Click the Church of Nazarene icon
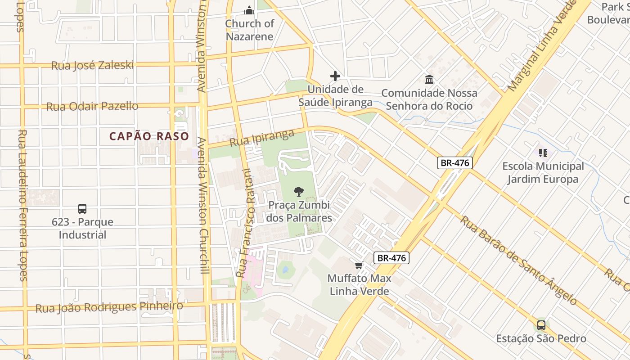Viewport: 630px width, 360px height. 249,10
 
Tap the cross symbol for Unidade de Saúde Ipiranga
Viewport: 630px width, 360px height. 335,76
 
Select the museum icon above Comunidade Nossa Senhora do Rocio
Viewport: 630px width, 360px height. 429,80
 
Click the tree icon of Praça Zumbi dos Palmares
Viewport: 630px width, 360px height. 298,192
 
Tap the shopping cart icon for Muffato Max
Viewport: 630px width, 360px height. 359,265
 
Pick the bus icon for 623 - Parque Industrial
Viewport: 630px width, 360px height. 82,209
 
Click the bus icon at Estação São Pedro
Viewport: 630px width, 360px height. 541,325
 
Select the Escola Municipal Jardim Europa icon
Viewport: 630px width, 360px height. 543,153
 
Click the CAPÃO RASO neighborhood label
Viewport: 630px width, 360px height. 149,136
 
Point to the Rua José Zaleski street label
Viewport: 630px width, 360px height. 92,65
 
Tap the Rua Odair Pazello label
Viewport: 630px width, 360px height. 92,107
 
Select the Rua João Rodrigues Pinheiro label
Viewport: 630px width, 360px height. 109,307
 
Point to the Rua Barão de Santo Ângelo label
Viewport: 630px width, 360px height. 517,261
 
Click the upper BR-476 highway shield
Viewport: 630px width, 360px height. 455,163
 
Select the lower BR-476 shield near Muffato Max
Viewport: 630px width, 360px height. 391,258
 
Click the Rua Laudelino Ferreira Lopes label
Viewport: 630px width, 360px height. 23,205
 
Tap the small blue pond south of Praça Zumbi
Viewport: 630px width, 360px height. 285,270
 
